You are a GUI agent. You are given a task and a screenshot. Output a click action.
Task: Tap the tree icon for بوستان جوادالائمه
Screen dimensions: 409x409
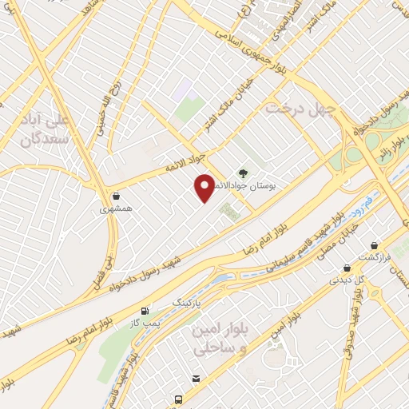[x=242, y=171]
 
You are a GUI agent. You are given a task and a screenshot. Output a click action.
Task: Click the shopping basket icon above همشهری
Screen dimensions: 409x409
[x=117, y=196]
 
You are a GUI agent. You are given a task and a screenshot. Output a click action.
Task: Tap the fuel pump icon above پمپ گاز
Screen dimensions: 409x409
[x=145, y=311]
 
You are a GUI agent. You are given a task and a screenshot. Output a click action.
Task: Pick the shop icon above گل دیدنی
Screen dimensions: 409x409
[x=347, y=268]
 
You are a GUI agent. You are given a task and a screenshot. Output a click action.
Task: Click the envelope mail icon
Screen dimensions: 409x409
[x=194, y=378]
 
